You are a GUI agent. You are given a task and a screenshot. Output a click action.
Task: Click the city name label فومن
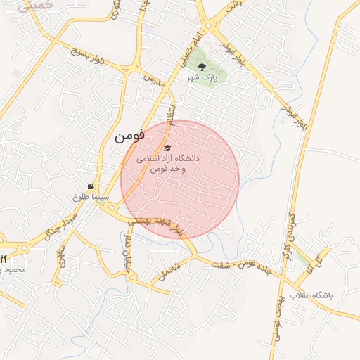[129, 136]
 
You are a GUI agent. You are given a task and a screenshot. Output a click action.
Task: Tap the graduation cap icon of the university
[167, 148]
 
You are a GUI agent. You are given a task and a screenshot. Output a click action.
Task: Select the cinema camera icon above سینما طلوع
[91, 186]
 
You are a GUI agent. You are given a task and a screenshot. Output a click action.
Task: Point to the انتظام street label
[169, 110]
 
